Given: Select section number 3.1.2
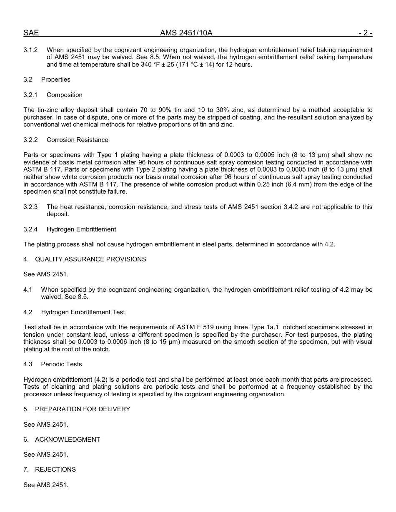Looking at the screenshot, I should click(x=30, y=50).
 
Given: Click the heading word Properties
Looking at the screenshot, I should click(x=55, y=80).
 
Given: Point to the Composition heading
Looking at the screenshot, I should click(x=65, y=95).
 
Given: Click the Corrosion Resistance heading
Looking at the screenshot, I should click(x=77, y=140).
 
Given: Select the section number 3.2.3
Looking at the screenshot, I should click(x=30, y=207).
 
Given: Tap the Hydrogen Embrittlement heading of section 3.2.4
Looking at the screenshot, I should click(x=81, y=229).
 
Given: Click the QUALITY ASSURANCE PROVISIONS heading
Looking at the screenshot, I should click(x=90, y=259).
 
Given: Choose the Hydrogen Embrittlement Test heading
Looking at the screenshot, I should click(x=83, y=312).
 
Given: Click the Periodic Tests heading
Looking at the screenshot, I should click(x=61, y=364).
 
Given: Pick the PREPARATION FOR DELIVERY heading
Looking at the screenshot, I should click(x=83, y=409).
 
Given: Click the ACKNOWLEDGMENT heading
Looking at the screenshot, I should click(x=68, y=440).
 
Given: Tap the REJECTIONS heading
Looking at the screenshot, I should click(x=55, y=470).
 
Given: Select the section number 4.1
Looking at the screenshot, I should click(x=28, y=290).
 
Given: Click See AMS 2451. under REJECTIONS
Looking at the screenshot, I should click(x=46, y=485).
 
